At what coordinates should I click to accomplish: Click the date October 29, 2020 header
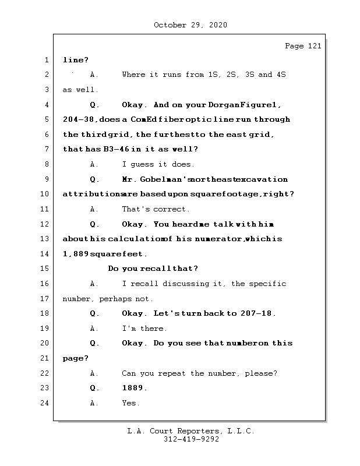coord(190,25)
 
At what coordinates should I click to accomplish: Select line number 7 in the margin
coord(46,149)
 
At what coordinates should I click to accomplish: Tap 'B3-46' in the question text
coord(115,149)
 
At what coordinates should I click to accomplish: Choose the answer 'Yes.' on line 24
coord(130,403)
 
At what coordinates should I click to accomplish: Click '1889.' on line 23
coord(135,388)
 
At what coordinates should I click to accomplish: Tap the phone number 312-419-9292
coord(191,440)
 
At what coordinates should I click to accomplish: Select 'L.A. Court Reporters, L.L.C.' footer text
coord(191,431)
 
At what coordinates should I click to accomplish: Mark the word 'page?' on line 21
coord(76,358)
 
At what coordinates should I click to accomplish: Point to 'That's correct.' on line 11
coord(156,209)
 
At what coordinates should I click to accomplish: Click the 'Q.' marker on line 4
coord(95,105)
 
